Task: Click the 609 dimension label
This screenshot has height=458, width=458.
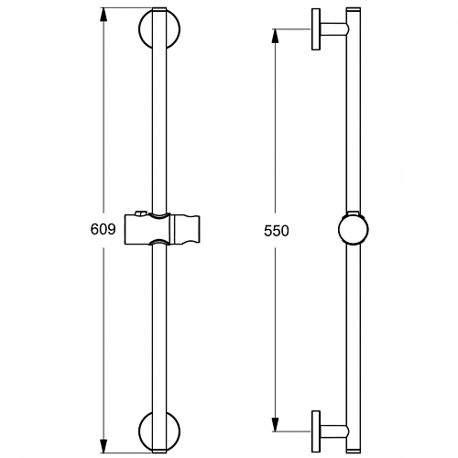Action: click(104, 229)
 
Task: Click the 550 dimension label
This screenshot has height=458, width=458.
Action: click(277, 231)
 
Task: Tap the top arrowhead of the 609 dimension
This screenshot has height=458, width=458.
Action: click(104, 15)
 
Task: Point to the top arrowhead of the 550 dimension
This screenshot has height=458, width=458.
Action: click(276, 36)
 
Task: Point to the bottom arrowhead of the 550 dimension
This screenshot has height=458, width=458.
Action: click(276, 424)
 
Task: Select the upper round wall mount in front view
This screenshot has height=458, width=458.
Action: click(144, 29)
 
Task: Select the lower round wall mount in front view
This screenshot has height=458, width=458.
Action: click(144, 431)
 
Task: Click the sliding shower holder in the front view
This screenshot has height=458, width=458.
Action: click(162, 229)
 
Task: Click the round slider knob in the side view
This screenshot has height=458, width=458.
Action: click(354, 230)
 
